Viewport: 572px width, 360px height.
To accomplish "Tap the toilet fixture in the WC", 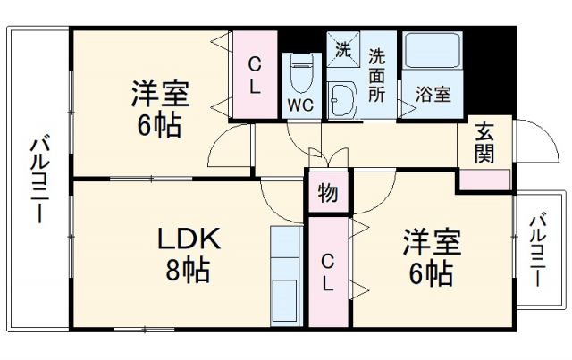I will coord(301,71).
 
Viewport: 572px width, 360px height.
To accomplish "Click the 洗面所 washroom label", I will coord(378,72).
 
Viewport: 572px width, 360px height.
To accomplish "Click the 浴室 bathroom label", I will coord(433,94).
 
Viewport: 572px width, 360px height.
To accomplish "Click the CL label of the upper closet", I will coord(255,76).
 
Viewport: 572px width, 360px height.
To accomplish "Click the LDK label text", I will coord(189,239).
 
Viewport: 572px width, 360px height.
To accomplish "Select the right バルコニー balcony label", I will coord(537,251).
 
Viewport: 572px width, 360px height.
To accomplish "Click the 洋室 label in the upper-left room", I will coord(160,93).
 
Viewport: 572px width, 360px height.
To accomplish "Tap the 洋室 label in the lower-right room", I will coord(430,241).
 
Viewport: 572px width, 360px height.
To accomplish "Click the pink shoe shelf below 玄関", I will coord(485,178).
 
